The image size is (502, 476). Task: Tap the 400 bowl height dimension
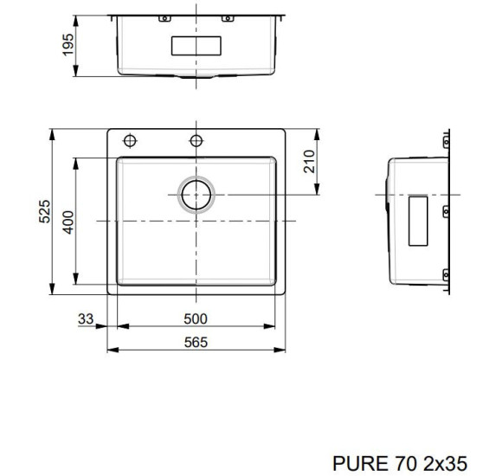pyautogui.click(x=68, y=222)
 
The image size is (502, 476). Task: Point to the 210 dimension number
pyautogui.click(x=310, y=161)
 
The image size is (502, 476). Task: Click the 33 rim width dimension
pyautogui.click(x=85, y=318)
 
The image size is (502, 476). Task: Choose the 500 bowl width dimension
pyautogui.click(x=196, y=318)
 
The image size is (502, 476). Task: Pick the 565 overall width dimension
pyautogui.click(x=196, y=342)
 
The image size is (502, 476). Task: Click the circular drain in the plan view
pyautogui.click(x=196, y=194)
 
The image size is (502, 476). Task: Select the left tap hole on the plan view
pyautogui.click(x=131, y=140)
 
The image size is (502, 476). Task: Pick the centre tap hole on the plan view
pyautogui.click(x=196, y=140)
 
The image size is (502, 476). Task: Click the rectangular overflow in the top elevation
pyautogui.click(x=197, y=45)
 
